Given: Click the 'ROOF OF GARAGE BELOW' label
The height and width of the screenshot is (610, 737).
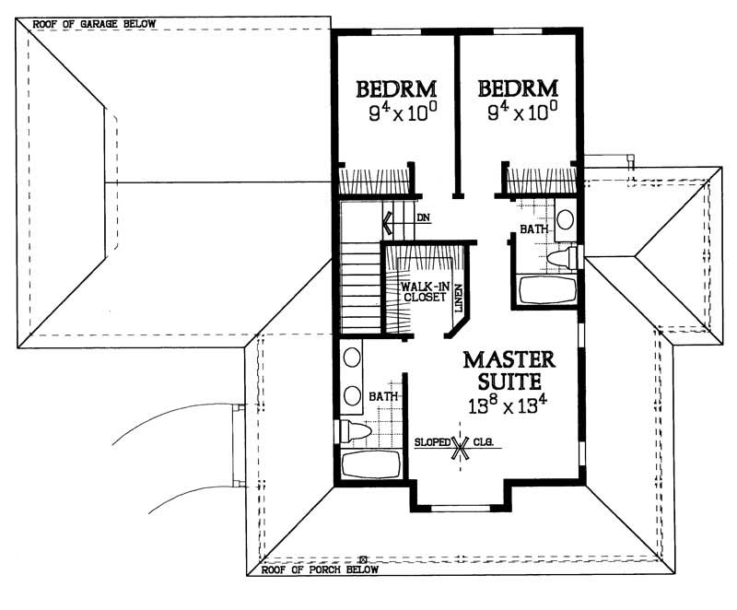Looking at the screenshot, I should [x=95, y=23].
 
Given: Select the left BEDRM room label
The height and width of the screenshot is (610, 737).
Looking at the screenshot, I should [x=396, y=89].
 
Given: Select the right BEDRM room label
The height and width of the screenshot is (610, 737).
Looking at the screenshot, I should [x=518, y=89].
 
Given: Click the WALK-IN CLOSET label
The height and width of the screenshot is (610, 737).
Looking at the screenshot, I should [x=422, y=292].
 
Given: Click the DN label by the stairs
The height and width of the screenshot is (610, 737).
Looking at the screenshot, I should [x=423, y=218].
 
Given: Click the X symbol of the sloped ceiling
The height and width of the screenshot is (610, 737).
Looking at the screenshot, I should [x=459, y=447].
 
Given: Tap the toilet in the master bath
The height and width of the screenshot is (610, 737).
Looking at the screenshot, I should [x=356, y=429].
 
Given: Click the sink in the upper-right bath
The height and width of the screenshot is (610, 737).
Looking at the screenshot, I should [x=565, y=219].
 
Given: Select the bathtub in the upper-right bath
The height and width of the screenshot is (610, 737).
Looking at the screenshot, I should [x=547, y=291].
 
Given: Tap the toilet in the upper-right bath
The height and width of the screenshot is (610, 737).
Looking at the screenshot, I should [x=562, y=257].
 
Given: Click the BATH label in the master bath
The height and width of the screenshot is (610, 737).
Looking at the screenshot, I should [x=382, y=396].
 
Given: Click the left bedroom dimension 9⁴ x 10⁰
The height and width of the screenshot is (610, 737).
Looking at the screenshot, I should [x=396, y=114].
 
